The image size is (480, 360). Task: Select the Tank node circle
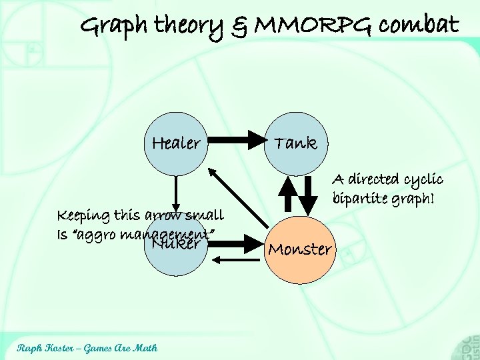[296, 143]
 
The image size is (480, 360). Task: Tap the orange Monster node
[299, 249]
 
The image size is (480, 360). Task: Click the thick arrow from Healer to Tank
[234, 141]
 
